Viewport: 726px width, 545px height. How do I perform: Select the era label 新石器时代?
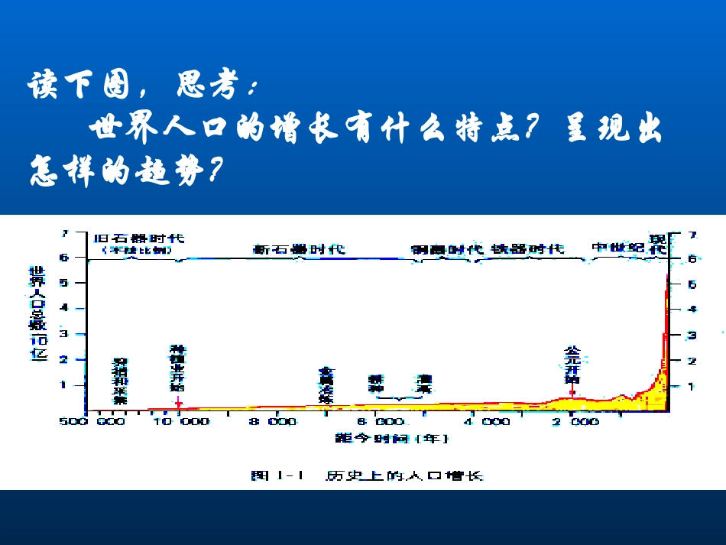[x=299, y=249]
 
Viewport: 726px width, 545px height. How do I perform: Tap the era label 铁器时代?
[x=527, y=249]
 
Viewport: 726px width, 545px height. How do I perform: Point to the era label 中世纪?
[x=618, y=247]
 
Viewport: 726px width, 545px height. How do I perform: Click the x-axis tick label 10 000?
[x=181, y=421]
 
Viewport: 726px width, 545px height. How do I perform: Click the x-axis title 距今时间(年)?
[x=391, y=439]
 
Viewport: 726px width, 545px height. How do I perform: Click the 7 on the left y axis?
[x=64, y=233]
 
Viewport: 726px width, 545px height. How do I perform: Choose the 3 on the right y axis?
[x=692, y=335]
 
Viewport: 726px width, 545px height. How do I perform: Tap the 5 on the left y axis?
[x=64, y=283]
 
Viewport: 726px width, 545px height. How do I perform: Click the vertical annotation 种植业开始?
[x=178, y=367]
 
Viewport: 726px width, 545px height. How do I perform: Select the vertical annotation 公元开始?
[x=572, y=365]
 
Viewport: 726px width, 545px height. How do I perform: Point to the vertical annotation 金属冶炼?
[x=326, y=385]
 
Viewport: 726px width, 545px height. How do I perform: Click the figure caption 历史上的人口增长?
[x=404, y=475]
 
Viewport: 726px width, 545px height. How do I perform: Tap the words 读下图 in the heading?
[x=83, y=86]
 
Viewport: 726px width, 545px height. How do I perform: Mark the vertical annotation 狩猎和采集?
[x=120, y=381]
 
